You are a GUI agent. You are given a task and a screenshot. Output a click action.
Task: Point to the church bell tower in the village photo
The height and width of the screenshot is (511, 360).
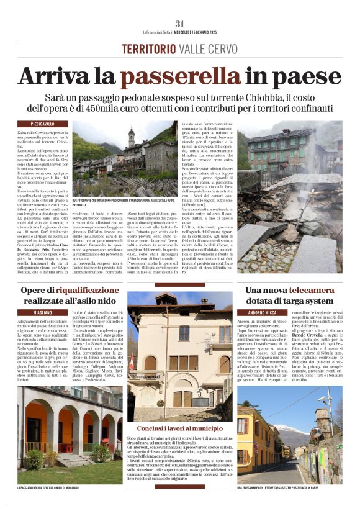point(131,138)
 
